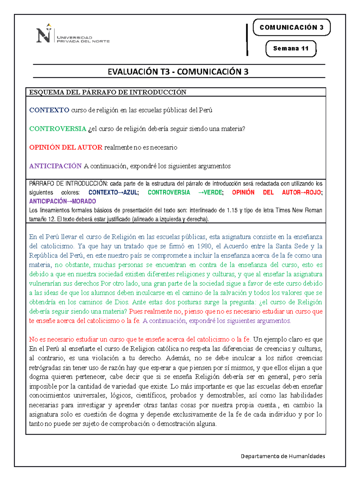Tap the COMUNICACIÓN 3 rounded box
292,27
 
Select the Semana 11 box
291,48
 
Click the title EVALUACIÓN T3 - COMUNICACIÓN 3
178,72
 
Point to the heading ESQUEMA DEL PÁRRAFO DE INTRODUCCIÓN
108,92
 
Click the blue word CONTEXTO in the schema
49,110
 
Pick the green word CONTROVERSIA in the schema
58,129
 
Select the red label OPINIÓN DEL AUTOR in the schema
66,147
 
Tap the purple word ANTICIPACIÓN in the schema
55,166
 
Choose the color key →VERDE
211,192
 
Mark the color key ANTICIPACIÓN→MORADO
62,201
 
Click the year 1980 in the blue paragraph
204,246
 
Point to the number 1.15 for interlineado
232,210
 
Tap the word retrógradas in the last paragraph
45,368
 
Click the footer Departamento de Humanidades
283,456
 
